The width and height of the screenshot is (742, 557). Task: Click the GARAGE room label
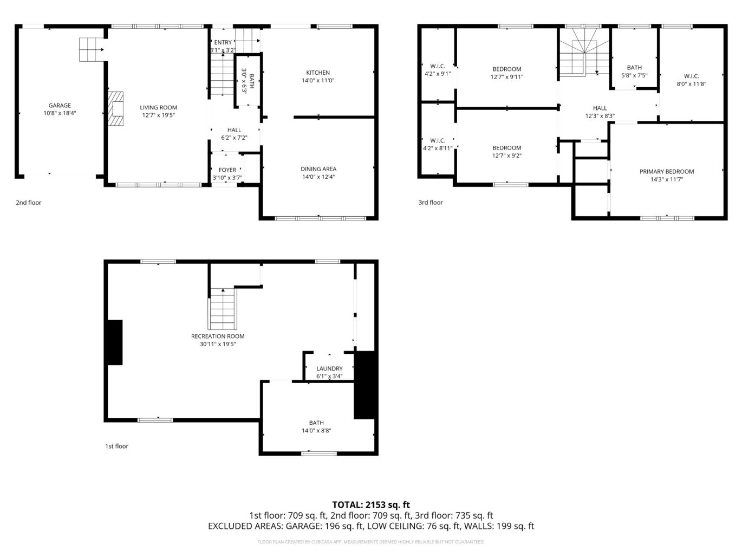pyautogui.click(x=60, y=106)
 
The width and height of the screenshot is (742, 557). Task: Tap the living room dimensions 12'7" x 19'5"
pyautogui.click(x=158, y=115)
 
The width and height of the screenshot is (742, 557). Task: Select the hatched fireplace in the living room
pyautogui.click(x=115, y=108)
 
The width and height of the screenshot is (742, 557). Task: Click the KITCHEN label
pyautogui.click(x=318, y=73)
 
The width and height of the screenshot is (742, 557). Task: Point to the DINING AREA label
pyautogui.click(x=318, y=169)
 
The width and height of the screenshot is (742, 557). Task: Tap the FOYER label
pyautogui.click(x=227, y=170)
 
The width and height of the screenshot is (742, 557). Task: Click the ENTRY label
pyautogui.click(x=223, y=43)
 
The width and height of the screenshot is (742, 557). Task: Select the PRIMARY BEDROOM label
pyautogui.click(x=667, y=172)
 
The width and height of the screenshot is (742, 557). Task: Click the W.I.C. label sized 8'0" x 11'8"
pyautogui.click(x=691, y=76)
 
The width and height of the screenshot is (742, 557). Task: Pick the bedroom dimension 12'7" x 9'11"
pyautogui.click(x=507, y=77)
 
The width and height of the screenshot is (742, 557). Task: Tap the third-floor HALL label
pyautogui.click(x=600, y=108)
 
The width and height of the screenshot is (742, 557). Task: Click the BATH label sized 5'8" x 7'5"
pyautogui.click(x=634, y=68)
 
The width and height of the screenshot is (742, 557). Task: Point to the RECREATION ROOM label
pyautogui.click(x=218, y=336)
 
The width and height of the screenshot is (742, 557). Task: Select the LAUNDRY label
pyautogui.click(x=329, y=368)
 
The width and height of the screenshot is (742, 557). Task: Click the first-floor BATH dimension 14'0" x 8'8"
pyautogui.click(x=316, y=431)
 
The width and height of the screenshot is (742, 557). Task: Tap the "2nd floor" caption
pyautogui.click(x=28, y=203)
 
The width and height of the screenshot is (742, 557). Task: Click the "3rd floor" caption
pyautogui.click(x=431, y=203)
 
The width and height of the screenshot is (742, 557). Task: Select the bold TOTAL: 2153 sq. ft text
pyautogui.click(x=371, y=505)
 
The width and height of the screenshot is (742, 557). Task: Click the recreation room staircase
pyautogui.click(x=223, y=309)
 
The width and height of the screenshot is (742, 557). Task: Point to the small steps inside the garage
pyautogui.click(x=92, y=49)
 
